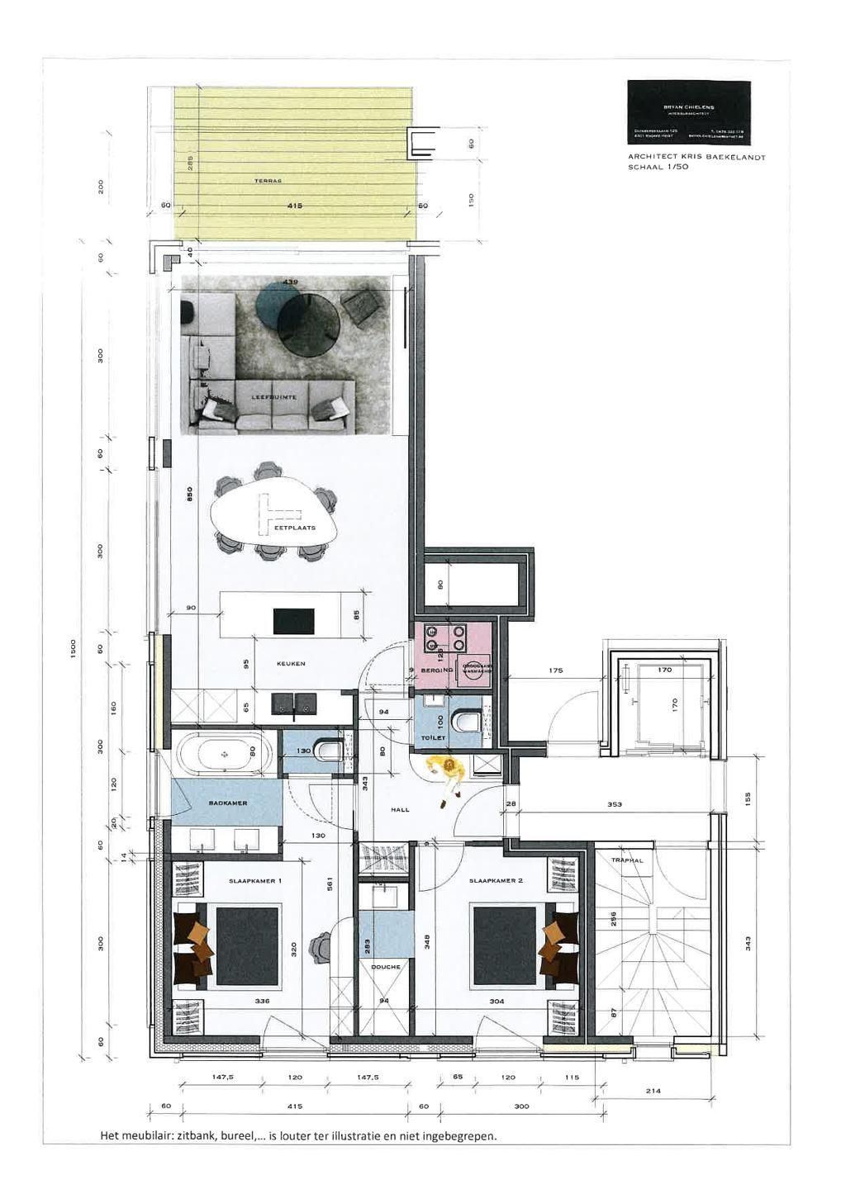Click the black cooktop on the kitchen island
coord(293,620)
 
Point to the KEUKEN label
coord(291,664)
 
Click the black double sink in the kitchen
coord(293,703)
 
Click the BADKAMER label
coord(228,803)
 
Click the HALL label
coord(400,810)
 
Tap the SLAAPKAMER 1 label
coord(255,881)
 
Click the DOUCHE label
coord(386,967)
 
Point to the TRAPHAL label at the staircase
coord(627,860)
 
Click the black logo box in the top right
coord(688,111)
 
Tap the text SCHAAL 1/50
coord(658,167)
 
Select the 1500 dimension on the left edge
coord(73,649)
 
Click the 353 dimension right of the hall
coord(614,803)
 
